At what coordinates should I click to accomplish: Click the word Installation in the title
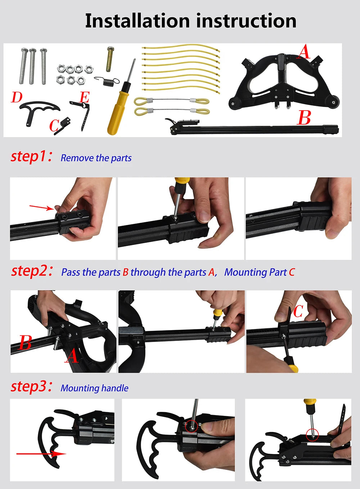[138, 21]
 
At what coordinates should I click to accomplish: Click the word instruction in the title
[246, 21]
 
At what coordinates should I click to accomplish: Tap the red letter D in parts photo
[17, 97]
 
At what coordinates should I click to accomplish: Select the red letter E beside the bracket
[85, 97]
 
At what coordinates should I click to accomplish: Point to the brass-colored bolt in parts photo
[111, 59]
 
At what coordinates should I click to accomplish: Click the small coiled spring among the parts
[107, 81]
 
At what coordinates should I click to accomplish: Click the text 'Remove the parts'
[96, 158]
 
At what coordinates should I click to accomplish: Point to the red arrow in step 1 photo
[41, 208]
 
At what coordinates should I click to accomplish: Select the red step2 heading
[32, 271]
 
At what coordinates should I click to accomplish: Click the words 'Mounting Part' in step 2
[256, 272]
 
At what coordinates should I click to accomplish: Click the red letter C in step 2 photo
[298, 311]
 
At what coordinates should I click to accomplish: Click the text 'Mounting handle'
[94, 388]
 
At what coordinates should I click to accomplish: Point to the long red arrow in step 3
[41, 454]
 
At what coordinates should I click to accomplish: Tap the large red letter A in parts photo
[304, 52]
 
